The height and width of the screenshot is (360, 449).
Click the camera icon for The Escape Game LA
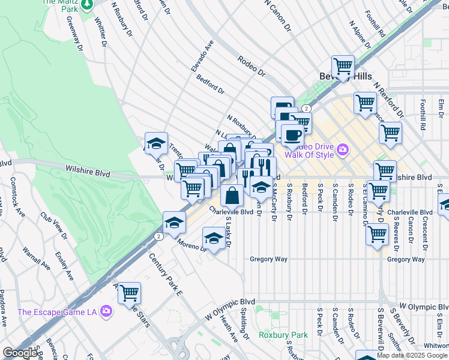pyautogui.click(x=106, y=311)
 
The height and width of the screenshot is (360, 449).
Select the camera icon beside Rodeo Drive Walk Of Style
pyautogui.click(x=343, y=149)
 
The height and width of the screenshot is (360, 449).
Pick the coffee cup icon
pyautogui.click(x=292, y=135)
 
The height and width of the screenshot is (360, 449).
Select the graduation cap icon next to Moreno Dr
pyautogui.click(x=214, y=238)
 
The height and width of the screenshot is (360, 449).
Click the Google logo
pyautogui.click(x=20, y=353)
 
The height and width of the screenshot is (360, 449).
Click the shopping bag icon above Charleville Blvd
pyautogui.click(x=232, y=195)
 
